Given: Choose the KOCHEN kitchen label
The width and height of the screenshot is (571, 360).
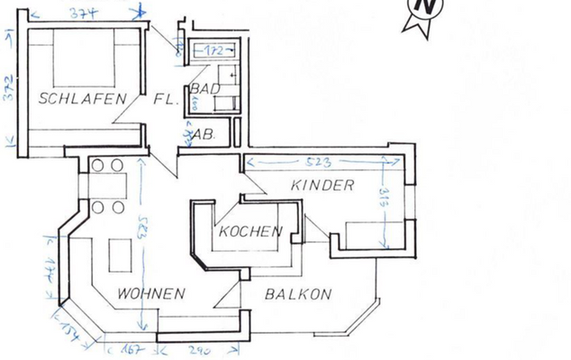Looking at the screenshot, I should tap(250, 231).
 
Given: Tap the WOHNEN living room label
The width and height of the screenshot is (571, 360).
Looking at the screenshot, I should tap(150, 293).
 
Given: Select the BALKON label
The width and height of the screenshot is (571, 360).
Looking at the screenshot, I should tap(298, 293).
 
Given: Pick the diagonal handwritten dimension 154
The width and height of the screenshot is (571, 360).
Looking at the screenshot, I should tap(77, 328).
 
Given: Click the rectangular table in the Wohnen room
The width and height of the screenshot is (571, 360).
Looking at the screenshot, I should tap(120, 256).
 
